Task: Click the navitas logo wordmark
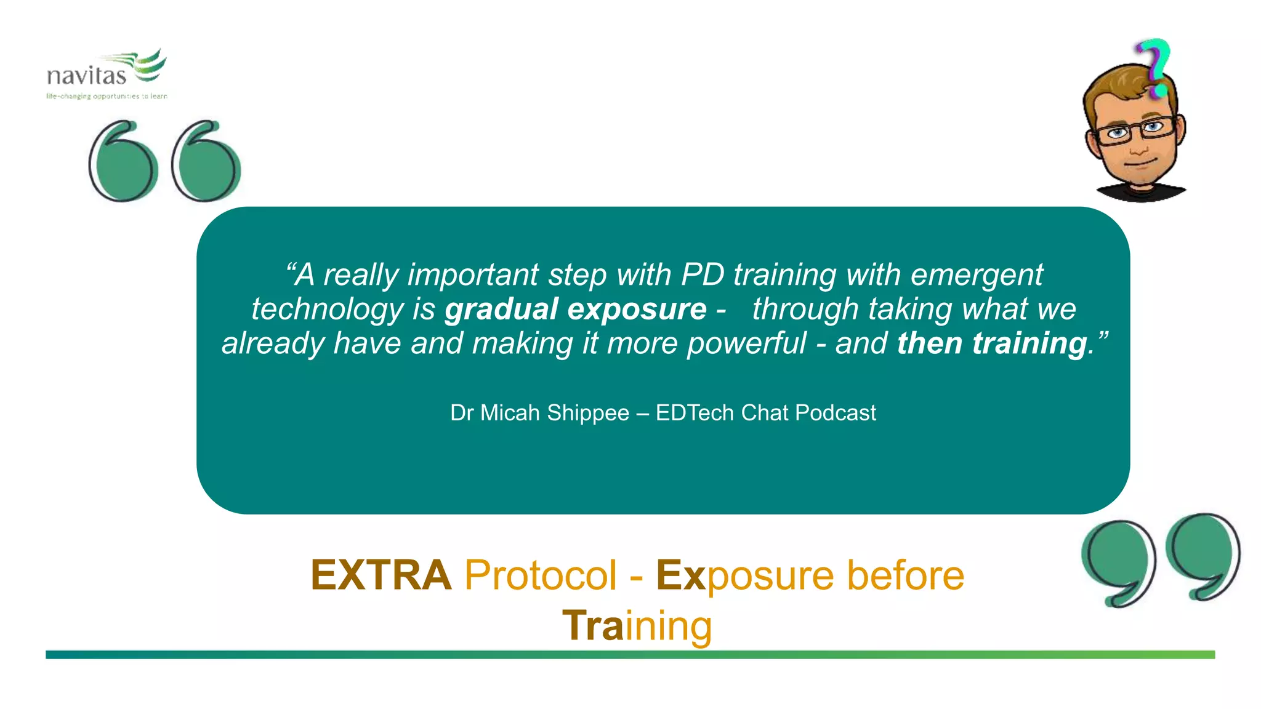[86, 76]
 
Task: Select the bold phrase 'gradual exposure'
[576, 309]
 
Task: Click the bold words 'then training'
[992, 343]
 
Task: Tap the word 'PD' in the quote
[703, 274]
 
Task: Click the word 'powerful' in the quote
[746, 343]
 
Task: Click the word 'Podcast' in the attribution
[835, 412]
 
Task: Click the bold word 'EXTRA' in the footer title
[381, 575]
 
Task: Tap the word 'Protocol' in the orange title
[540, 575]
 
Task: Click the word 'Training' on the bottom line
[637, 626]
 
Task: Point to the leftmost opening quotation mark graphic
[121, 161]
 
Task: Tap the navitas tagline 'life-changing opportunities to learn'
[107, 96]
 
